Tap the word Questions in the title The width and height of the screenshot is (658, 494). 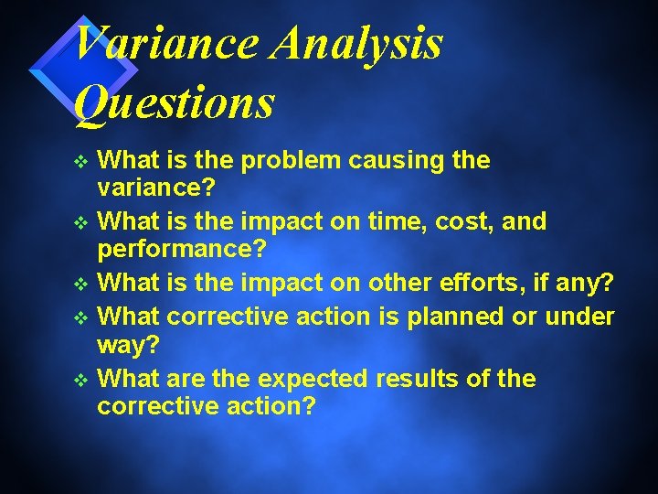coord(174,102)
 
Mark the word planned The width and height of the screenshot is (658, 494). coord(459,317)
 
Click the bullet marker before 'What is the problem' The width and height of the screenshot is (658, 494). coord(81,162)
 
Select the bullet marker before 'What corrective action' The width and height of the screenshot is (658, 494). coord(81,317)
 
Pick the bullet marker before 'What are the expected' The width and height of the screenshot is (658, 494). coord(81,379)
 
